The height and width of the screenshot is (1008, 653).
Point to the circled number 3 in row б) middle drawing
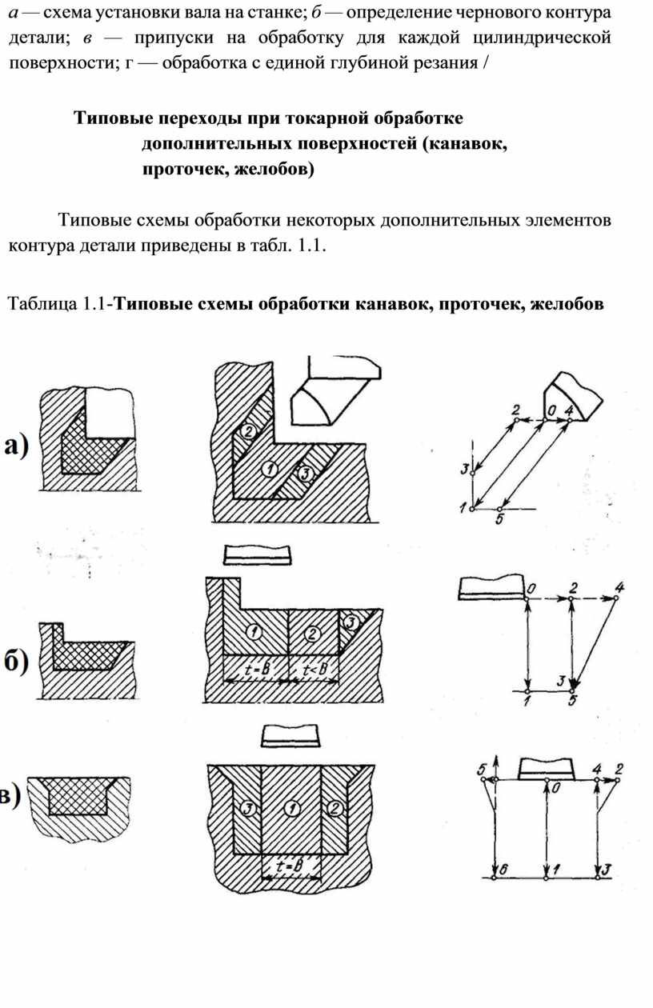pos(349,621)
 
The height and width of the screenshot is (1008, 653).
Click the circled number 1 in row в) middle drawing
pos(292,809)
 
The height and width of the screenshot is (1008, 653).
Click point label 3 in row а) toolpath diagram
pos(464,469)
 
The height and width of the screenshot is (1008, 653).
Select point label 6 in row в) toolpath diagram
pos(500,870)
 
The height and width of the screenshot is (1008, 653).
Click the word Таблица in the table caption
pos(39,304)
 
